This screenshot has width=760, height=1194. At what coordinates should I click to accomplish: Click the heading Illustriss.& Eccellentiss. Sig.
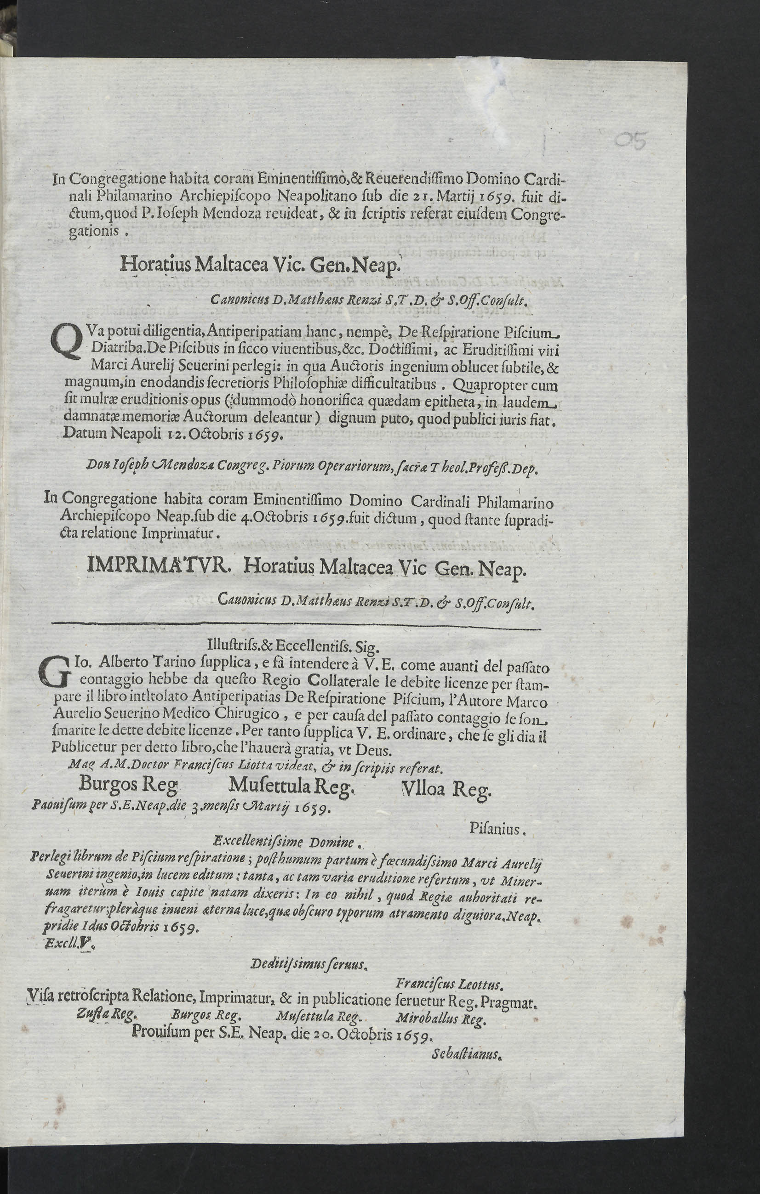[293, 647]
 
